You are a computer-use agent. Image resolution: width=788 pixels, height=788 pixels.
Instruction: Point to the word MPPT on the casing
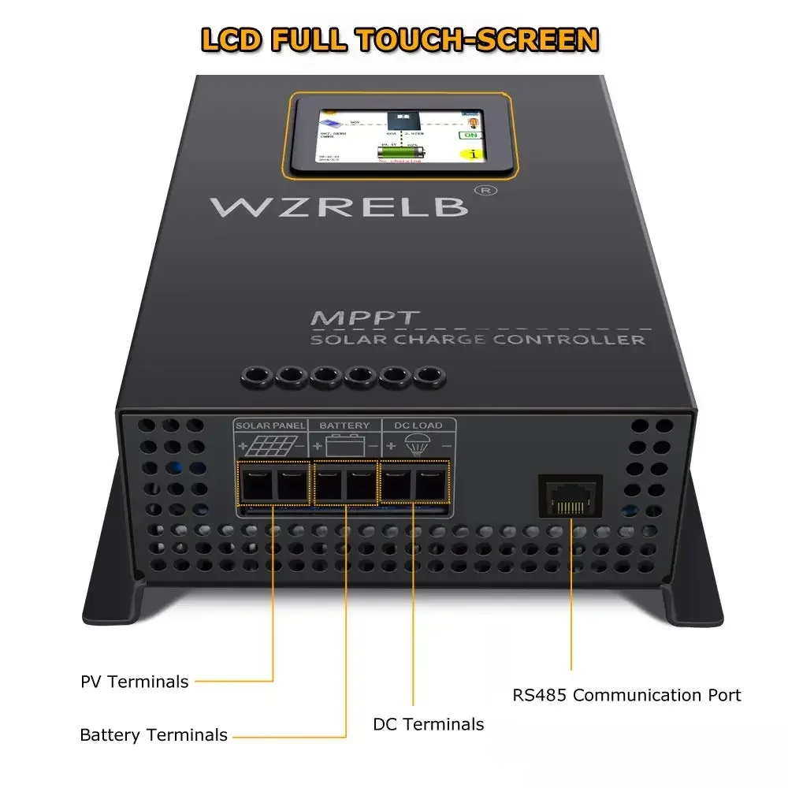click(x=354, y=319)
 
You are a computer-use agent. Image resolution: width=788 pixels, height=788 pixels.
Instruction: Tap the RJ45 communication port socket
click(x=571, y=496)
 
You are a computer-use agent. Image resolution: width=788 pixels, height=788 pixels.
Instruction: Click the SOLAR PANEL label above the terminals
click(x=270, y=426)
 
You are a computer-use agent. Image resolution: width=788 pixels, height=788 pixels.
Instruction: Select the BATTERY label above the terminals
click(x=344, y=426)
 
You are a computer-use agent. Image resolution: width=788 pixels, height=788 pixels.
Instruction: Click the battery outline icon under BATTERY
click(x=346, y=446)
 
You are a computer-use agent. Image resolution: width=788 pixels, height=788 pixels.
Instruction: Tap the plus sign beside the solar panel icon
click(x=243, y=447)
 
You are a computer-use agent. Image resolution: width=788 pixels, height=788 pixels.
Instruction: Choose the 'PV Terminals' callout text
click(x=135, y=682)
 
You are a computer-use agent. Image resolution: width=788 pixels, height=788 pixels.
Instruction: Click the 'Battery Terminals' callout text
click(x=154, y=735)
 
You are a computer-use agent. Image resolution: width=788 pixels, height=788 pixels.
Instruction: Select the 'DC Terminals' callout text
click(x=429, y=724)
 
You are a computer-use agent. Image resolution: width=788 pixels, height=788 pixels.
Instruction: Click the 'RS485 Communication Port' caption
click(x=626, y=695)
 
